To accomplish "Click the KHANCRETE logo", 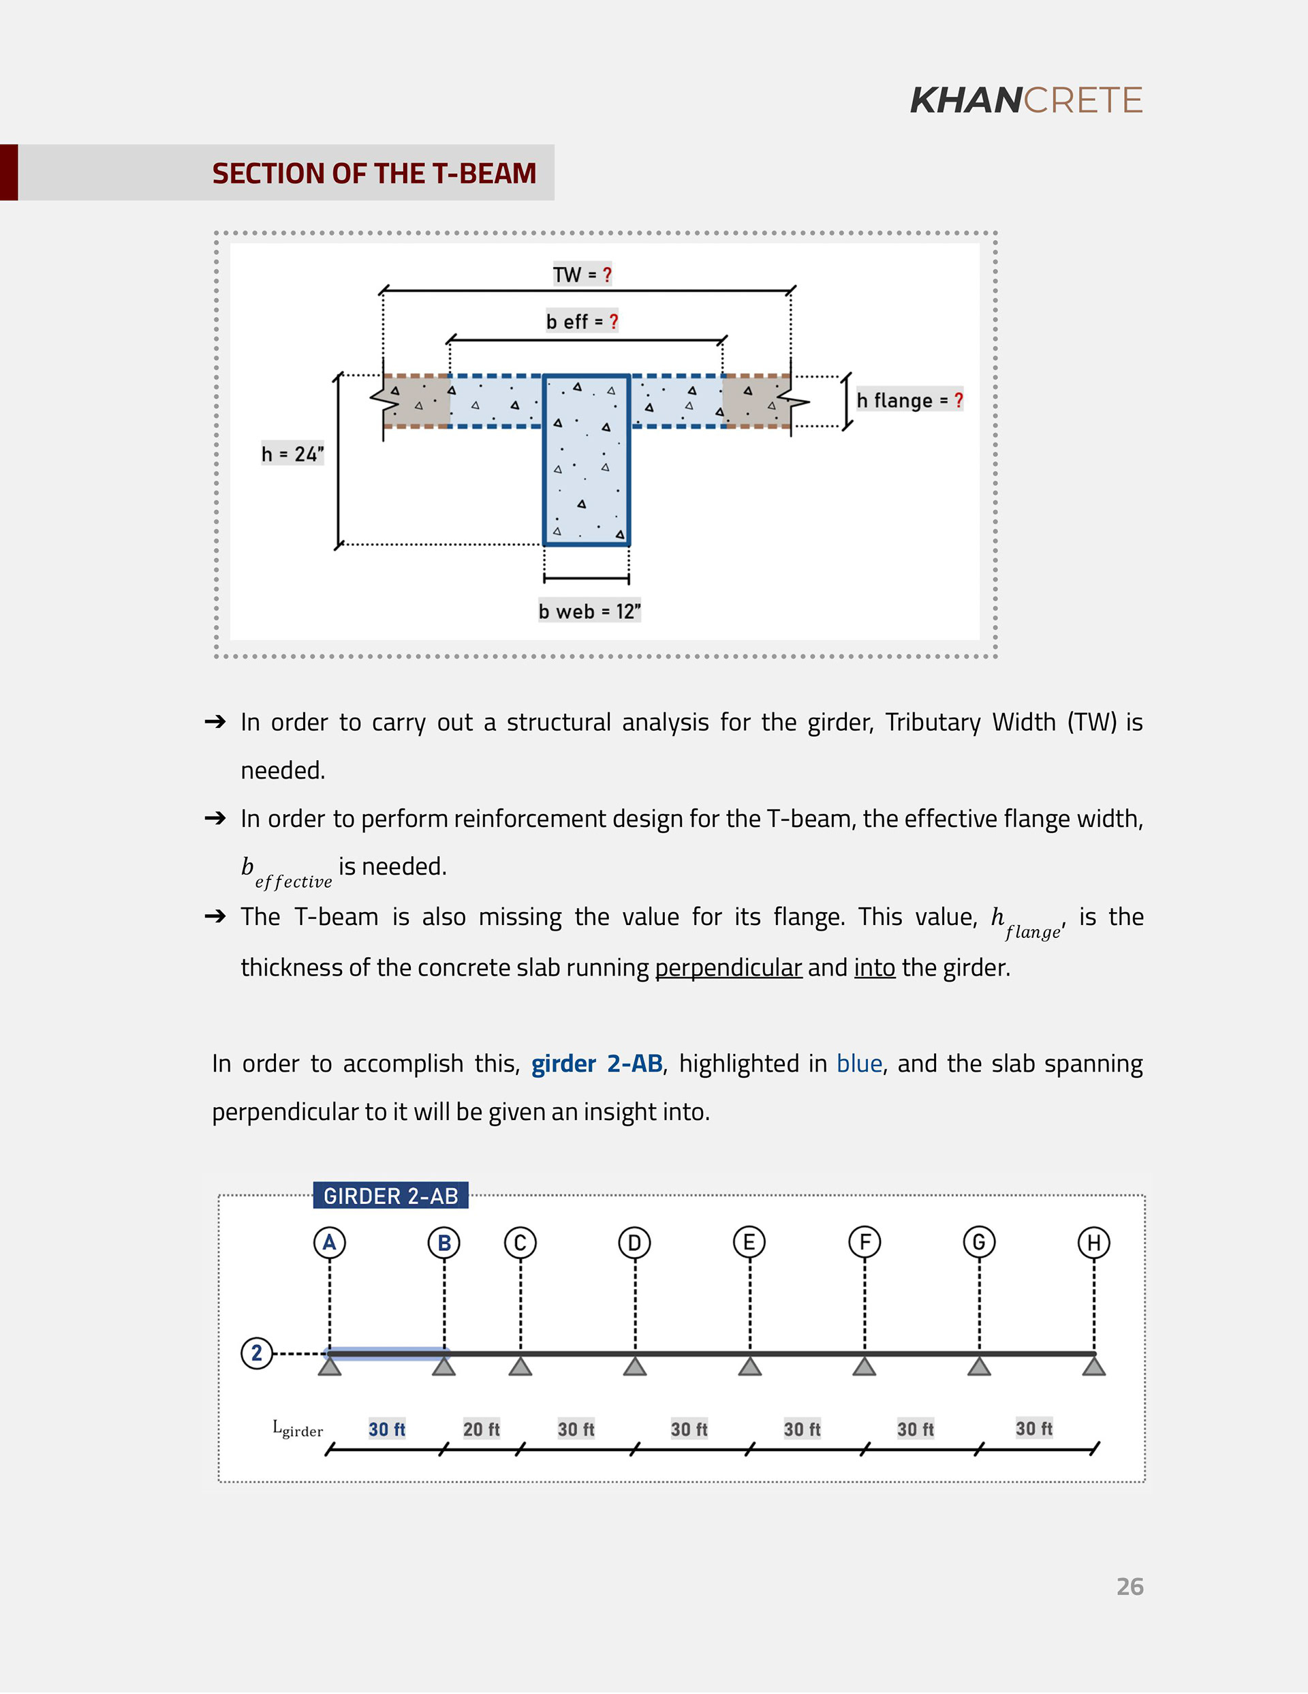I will pyautogui.click(x=1025, y=100).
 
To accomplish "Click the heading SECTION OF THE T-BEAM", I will pyautogui.click(x=374, y=173).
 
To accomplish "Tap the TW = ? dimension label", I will pyautogui.click(x=582, y=275).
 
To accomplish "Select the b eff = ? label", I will pyautogui.click(x=582, y=321).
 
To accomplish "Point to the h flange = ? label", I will pyautogui.click(x=909, y=400).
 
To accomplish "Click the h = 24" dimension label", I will pyautogui.click(x=292, y=454).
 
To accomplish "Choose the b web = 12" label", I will pyautogui.click(x=589, y=611).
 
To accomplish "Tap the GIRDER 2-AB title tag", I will pyautogui.click(x=391, y=1195).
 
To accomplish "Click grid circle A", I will pyautogui.click(x=330, y=1243).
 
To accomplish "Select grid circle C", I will pyautogui.click(x=520, y=1243).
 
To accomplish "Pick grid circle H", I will pyautogui.click(x=1093, y=1243).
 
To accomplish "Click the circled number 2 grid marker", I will pyautogui.click(x=257, y=1352).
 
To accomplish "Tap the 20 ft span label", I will pyautogui.click(x=481, y=1429).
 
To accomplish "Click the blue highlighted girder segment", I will pyautogui.click(x=388, y=1353).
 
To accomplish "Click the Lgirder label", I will pyautogui.click(x=298, y=1428).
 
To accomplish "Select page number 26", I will pyautogui.click(x=1130, y=1586).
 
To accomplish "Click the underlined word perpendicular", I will pyautogui.click(x=728, y=967).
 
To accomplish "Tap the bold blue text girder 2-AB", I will pyautogui.click(x=596, y=1063).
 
